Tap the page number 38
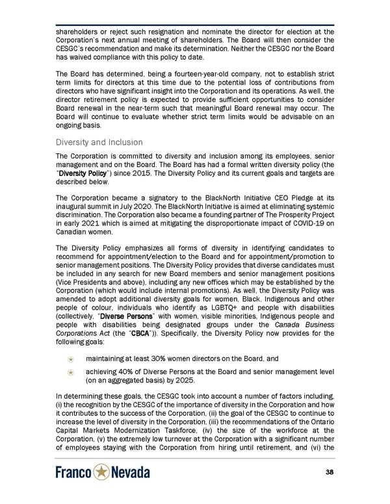(329, 473)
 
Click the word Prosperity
(287, 216)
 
